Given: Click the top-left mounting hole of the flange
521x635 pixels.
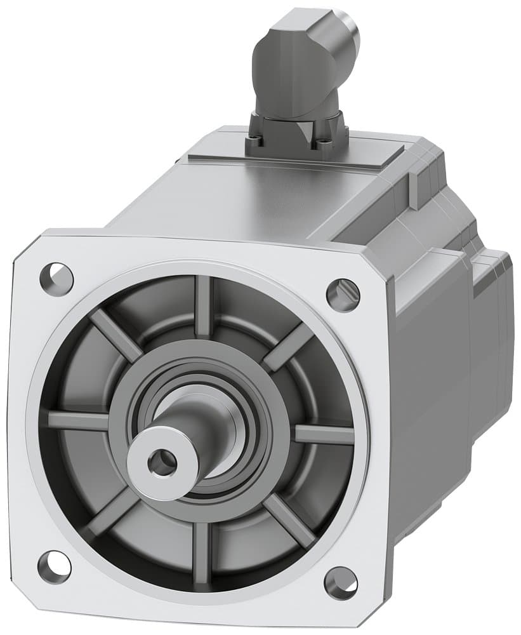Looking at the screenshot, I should coord(57,276).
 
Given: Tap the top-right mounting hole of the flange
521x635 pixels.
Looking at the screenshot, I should coord(343,294).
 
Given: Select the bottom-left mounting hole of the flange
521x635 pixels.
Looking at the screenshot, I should coord(54,566).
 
